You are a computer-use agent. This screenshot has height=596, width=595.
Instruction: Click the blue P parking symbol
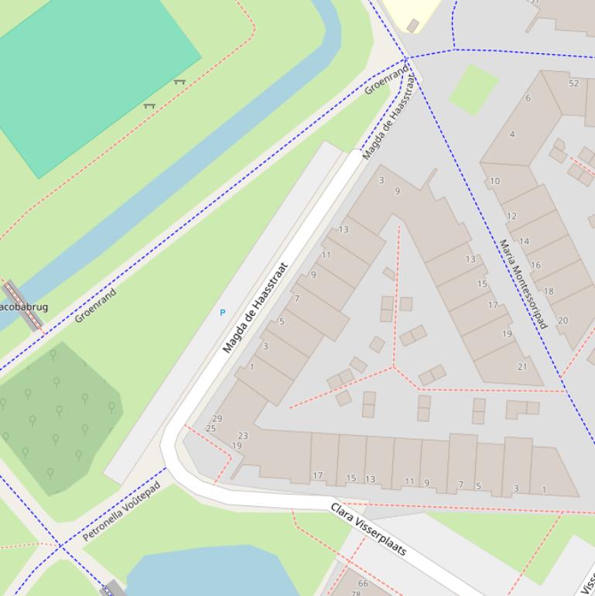[223, 313]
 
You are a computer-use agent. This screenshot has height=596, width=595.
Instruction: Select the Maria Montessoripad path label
[523, 284]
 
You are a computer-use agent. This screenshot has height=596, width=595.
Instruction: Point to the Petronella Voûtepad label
[121, 511]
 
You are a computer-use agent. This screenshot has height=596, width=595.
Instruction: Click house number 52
[573, 84]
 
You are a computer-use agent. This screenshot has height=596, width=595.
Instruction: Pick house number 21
[522, 367]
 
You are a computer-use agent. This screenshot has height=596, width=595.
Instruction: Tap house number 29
[217, 419]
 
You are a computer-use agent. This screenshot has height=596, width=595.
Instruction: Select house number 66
[363, 584]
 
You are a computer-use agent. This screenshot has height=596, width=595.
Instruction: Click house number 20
[563, 320]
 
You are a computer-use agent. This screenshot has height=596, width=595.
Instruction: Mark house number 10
[494, 181]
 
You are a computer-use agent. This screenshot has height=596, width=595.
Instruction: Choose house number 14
[524, 241]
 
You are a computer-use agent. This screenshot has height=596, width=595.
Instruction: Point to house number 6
[528, 98]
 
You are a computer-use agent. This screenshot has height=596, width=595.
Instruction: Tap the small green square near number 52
[473, 88]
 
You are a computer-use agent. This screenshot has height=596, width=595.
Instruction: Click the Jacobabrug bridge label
[23, 307]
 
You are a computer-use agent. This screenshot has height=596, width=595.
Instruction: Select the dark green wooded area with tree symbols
[58, 418]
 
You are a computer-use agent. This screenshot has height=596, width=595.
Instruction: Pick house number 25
[210, 428]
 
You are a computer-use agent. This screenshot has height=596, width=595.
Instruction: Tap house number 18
[549, 292]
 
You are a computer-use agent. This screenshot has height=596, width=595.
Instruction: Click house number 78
[356, 593]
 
